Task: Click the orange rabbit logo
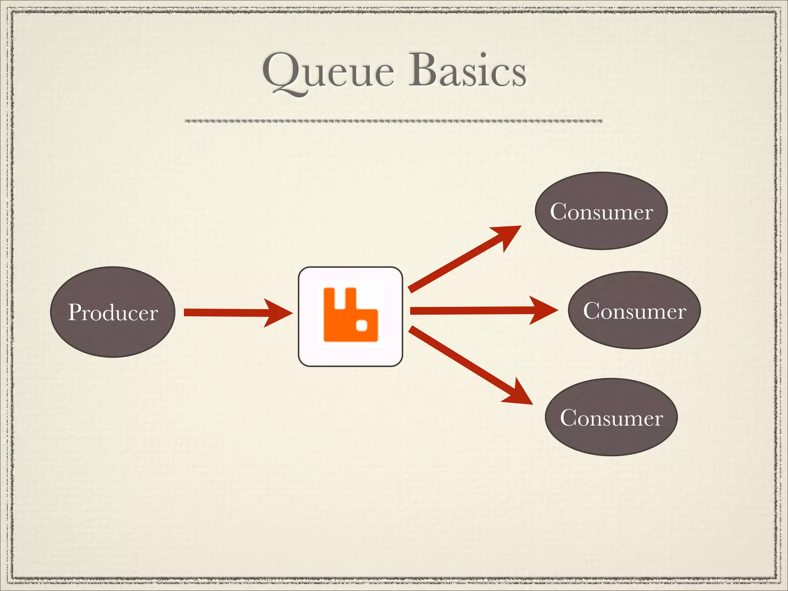tap(351, 314)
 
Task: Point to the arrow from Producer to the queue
tap(231, 312)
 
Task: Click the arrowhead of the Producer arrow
tap(279, 313)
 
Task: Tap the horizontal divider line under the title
tap(393, 121)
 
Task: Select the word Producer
tap(113, 312)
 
